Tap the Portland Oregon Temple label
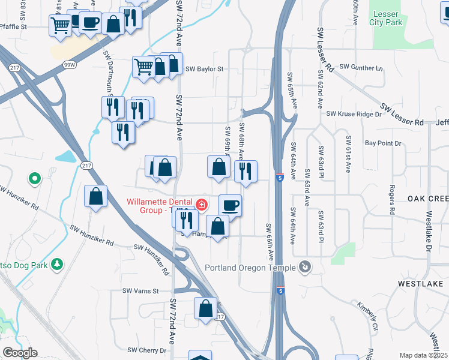(252, 268)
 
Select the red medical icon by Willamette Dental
(201, 205)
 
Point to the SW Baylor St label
(204, 69)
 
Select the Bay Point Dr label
(382, 143)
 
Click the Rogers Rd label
(391, 200)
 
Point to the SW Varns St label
(140, 291)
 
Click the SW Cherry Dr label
(146, 350)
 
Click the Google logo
(20, 353)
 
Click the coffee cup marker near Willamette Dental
(230, 206)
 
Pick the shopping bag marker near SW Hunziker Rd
(95, 196)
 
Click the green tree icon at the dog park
(58, 263)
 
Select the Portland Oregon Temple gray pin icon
(306, 266)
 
